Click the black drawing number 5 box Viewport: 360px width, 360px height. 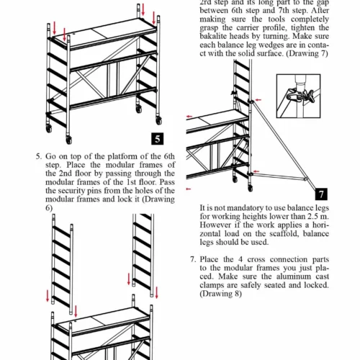coord(158,139)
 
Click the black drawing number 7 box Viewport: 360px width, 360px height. coord(321,194)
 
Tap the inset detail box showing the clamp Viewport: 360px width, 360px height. coord(299,96)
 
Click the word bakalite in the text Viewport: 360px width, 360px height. coord(213,36)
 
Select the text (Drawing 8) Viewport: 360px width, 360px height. coord(220,294)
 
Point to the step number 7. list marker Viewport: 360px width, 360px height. coord(193,259)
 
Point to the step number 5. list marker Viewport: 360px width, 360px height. coord(39,156)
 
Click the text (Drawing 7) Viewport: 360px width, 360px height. coord(307,53)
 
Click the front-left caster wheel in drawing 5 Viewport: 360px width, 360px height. coord(69,140)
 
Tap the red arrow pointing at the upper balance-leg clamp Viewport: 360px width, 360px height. coord(258,99)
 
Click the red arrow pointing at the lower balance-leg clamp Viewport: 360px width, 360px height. coord(256,171)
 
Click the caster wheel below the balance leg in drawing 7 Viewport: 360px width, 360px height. coord(251,188)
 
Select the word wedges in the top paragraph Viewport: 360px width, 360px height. coord(263,45)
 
